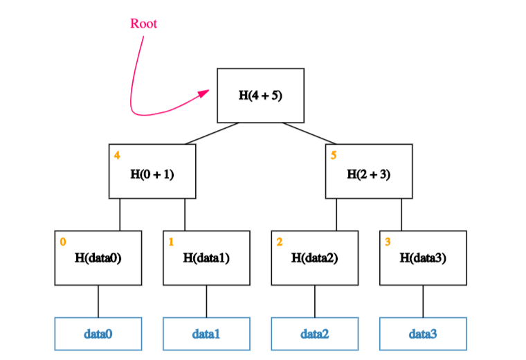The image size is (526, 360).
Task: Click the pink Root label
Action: pyautogui.click(x=143, y=24)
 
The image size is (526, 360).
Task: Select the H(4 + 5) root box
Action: pyautogui.click(x=260, y=95)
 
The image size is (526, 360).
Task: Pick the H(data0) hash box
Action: pyautogui.click(x=98, y=258)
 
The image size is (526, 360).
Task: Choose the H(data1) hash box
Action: pyautogui.click(x=206, y=258)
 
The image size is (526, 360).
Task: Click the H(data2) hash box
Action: pyautogui.click(x=314, y=258)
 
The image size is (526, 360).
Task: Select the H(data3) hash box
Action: pyautogui.click(x=423, y=258)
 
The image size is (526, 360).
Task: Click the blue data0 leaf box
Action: pyautogui.click(x=98, y=334)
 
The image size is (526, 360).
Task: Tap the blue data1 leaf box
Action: pyautogui.click(x=206, y=334)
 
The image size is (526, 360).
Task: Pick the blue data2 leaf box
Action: pyautogui.click(x=314, y=334)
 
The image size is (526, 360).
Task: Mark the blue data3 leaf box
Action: pyautogui.click(x=423, y=334)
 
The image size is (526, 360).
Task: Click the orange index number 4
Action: pyautogui.click(x=116, y=155)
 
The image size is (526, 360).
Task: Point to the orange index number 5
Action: pyautogui.click(x=334, y=155)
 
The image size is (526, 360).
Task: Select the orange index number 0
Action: pyautogui.click(x=63, y=242)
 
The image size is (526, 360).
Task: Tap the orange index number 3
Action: pyautogui.click(x=388, y=242)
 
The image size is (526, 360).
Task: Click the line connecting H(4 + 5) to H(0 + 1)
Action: pyautogui.click(x=212, y=133)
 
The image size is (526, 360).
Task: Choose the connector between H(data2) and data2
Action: pyautogui.click(x=315, y=301)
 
